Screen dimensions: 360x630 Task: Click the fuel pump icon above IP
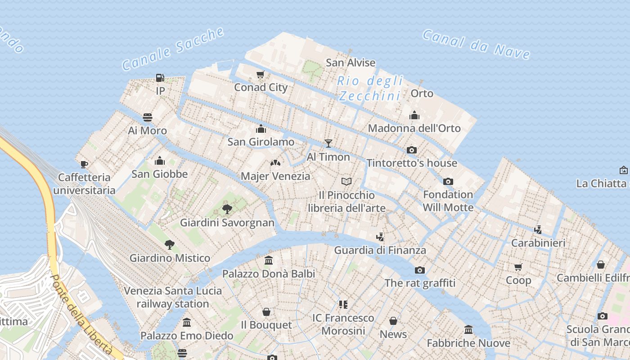tap(160, 78)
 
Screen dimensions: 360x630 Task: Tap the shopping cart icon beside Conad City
tap(260, 74)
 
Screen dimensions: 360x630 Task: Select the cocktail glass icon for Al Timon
tap(328, 144)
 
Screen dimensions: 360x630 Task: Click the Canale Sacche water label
tap(173, 49)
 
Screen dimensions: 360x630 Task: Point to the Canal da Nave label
tap(476, 45)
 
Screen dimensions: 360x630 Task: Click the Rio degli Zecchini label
tap(370, 88)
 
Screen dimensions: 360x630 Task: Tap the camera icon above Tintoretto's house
tap(412, 150)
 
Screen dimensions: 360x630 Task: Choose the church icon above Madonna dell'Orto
tap(414, 116)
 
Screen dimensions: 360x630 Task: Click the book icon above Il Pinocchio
tap(346, 181)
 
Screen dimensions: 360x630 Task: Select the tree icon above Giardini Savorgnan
tap(227, 209)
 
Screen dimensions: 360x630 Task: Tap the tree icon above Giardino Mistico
tap(170, 245)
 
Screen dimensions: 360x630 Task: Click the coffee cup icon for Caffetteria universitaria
tap(84, 164)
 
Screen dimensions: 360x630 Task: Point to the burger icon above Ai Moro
tap(148, 117)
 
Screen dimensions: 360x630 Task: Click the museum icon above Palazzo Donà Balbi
tap(269, 260)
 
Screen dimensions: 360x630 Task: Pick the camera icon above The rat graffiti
tap(420, 270)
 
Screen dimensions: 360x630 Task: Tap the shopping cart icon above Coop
tap(518, 267)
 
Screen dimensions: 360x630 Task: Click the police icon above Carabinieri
tap(538, 229)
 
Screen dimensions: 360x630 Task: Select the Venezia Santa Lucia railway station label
tap(173, 297)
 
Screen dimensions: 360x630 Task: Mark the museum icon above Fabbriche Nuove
tap(468, 330)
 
